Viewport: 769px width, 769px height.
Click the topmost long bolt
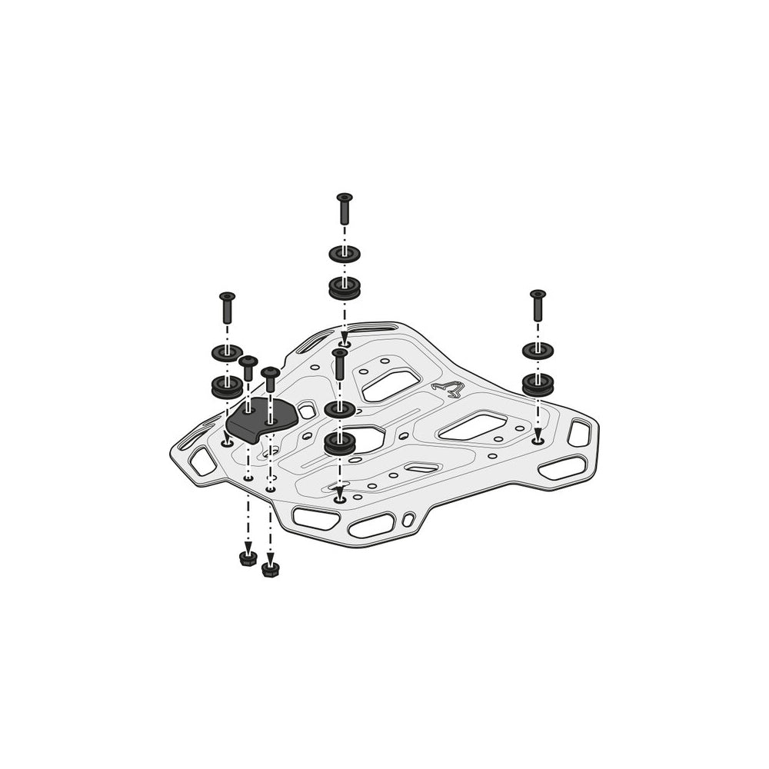point(344,208)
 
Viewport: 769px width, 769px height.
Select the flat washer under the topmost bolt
point(344,254)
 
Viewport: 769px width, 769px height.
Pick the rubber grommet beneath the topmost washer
point(344,288)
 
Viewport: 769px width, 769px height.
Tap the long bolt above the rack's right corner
point(538,306)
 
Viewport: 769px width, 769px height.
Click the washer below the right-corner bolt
point(538,350)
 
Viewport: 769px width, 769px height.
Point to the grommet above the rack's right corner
point(538,383)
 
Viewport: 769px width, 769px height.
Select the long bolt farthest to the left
point(226,309)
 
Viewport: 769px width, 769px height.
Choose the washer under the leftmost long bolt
point(227,353)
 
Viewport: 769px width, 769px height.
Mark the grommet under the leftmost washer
point(227,386)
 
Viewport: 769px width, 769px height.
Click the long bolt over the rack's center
point(339,363)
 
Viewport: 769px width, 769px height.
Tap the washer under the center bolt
point(339,408)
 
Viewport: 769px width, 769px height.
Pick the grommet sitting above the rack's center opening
point(339,442)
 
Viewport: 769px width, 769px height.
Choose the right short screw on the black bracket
point(270,379)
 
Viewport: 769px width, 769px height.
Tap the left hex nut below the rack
point(248,558)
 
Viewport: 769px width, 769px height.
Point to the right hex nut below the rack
point(270,569)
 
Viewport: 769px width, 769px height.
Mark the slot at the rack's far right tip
point(578,433)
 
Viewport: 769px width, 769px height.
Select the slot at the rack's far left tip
point(202,461)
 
